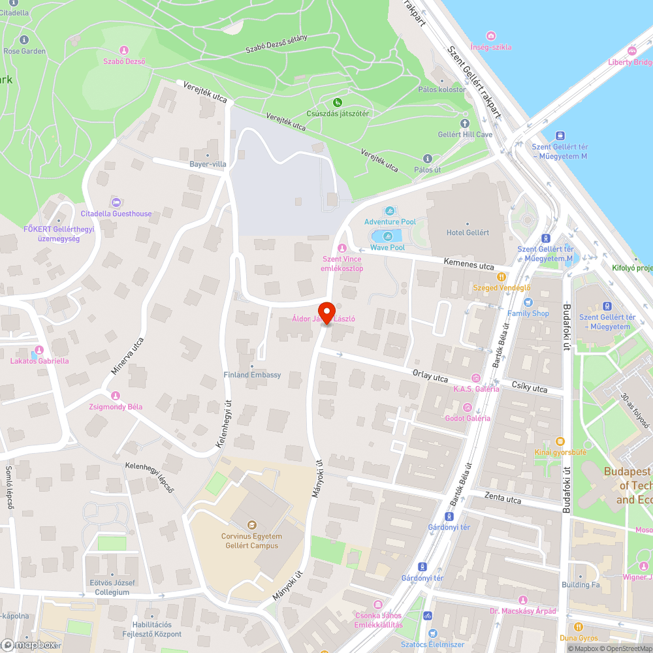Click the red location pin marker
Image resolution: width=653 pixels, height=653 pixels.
click(326, 311)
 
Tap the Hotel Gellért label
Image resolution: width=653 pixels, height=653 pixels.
click(468, 232)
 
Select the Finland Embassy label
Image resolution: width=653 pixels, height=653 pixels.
click(252, 375)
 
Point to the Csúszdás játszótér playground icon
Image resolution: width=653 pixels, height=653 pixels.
click(338, 102)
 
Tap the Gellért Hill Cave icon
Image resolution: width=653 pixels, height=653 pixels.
click(465, 123)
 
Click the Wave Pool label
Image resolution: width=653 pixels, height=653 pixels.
click(387, 247)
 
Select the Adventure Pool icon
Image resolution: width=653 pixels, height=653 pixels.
click(390, 211)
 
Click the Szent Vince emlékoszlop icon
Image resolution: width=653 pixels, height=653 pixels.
click(342, 247)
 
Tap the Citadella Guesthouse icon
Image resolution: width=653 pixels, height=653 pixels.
click(116, 202)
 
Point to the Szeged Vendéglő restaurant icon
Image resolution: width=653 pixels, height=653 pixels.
click(502, 276)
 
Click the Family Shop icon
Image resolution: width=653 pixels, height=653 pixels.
click(528, 302)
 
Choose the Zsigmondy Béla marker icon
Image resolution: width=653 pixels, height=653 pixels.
click(116, 395)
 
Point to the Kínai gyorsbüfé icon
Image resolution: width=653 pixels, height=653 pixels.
click(560, 441)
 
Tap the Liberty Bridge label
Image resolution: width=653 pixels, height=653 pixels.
click(630, 62)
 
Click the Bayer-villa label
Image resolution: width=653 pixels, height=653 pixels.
click(208, 164)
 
